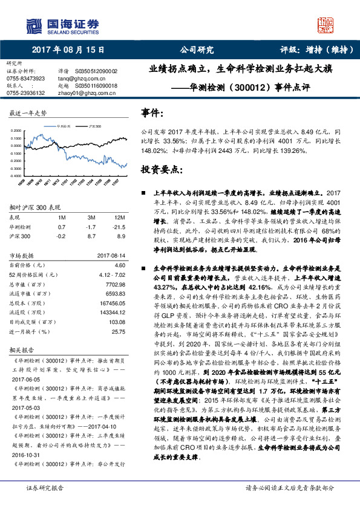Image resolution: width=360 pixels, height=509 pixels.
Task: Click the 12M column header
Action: point(119,217)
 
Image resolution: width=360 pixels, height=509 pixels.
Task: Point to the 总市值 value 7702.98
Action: point(116,284)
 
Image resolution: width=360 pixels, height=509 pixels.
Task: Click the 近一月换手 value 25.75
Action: point(118,331)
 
